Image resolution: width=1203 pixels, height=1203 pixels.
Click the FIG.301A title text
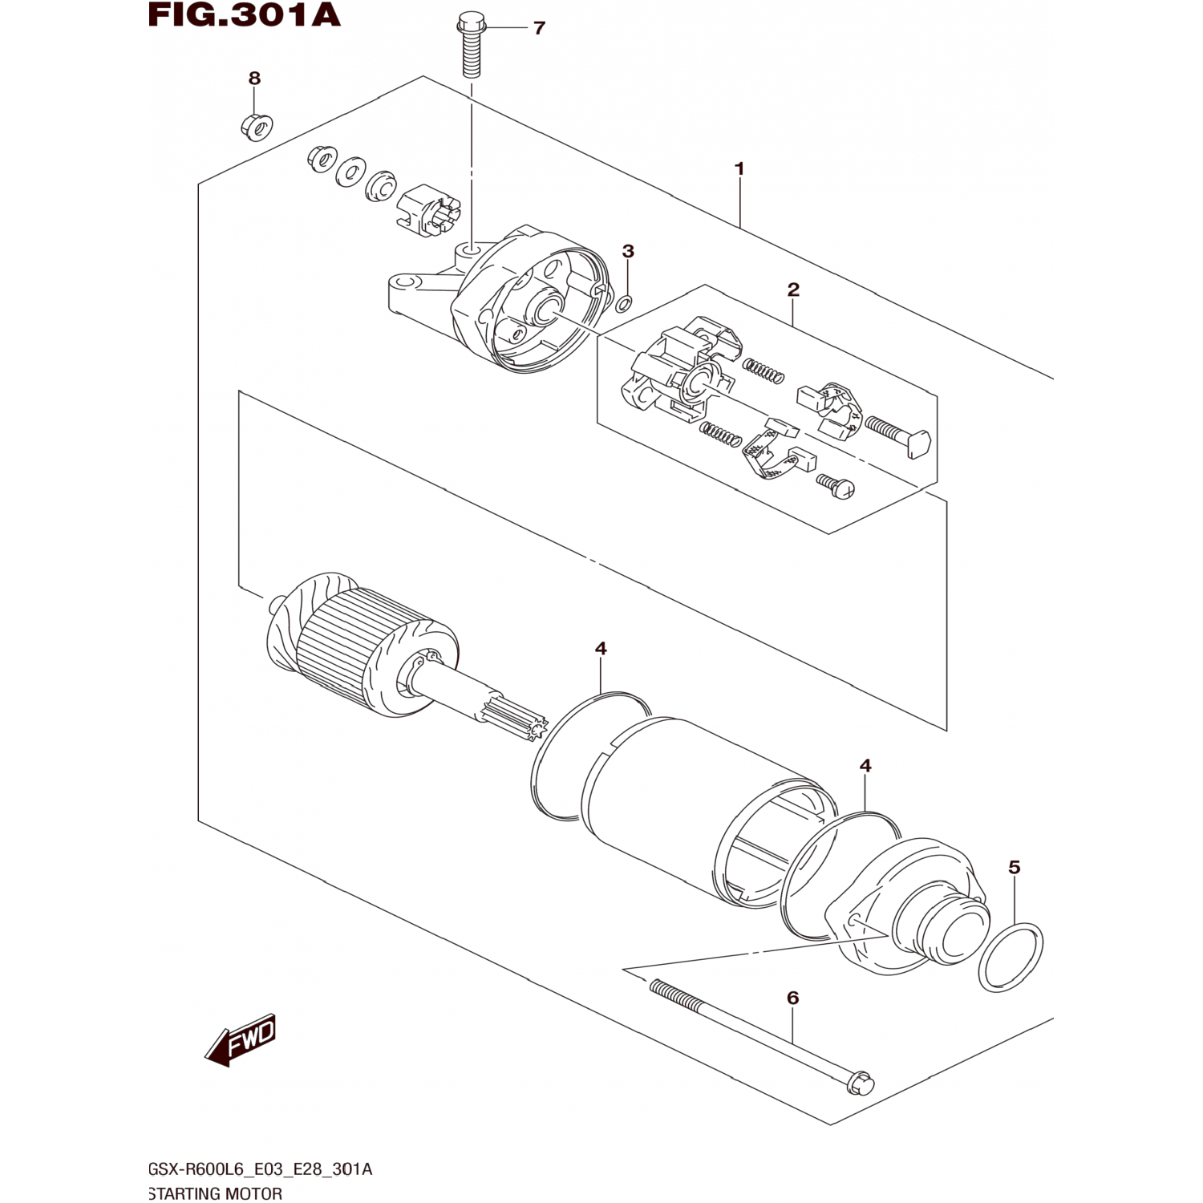click(x=245, y=16)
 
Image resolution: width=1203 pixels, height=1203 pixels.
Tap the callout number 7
click(x=539, y=28)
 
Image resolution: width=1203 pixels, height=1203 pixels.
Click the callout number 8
click(x=254, y=79)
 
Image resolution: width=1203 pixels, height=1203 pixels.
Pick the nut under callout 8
click(x=257, y=125)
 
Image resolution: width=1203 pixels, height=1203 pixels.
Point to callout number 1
click(x=739, y=169)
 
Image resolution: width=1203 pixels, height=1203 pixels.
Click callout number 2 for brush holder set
click(x=793, y=290)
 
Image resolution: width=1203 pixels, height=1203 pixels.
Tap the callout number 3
click(x=628, y=251)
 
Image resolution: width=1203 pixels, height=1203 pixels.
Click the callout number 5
click(x=1014, y=867)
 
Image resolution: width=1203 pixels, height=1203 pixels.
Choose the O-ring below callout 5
click(x=1011, y=956)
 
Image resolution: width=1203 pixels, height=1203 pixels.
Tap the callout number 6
click(x=792, y=998)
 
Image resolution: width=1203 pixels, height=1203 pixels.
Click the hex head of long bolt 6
click(x=861, y=1084)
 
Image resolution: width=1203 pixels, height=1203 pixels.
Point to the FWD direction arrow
click(x=241, y=1041)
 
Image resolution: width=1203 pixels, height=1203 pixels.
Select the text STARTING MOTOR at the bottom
click(x=215, y=1193)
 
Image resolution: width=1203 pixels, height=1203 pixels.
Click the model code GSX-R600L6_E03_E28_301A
click(x=260, y=1169)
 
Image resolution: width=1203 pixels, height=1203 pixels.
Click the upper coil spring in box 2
click(x=763, y=371)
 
